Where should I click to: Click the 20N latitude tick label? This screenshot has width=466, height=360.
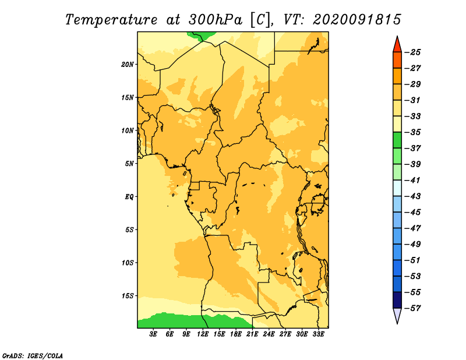coord(127,64)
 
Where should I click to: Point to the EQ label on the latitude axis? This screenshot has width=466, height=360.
coord(129,197)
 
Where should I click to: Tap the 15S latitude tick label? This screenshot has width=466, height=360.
coord(128,296)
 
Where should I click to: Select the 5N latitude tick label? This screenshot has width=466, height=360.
coord(129,164)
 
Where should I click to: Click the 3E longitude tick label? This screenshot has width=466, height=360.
coord(153,334)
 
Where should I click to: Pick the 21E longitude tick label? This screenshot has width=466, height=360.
coord(252,334)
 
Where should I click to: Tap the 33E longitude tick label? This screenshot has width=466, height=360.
coord(318,334)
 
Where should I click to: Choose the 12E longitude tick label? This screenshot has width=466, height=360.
coord(203,334)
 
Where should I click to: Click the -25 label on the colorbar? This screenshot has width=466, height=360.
coord(412,52)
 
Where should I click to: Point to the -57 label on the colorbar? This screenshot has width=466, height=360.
coord(412,308)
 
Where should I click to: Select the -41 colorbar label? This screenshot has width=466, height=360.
coord(412,181)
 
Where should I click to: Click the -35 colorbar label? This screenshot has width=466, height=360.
coord(412,132)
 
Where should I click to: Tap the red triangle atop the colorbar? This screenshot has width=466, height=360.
coord(397,45)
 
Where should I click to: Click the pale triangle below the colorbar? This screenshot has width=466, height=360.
coord(397,315)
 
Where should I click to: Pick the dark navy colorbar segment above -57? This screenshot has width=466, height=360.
coord(397,300)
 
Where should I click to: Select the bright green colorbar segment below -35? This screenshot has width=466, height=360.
coord(397,140)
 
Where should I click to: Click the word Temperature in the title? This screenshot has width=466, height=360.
coord(111,20)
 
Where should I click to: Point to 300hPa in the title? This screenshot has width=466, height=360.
coord(215,20)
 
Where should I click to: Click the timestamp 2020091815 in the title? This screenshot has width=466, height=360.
coord(357,20)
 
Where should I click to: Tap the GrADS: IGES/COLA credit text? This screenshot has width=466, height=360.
coord(33,356)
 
